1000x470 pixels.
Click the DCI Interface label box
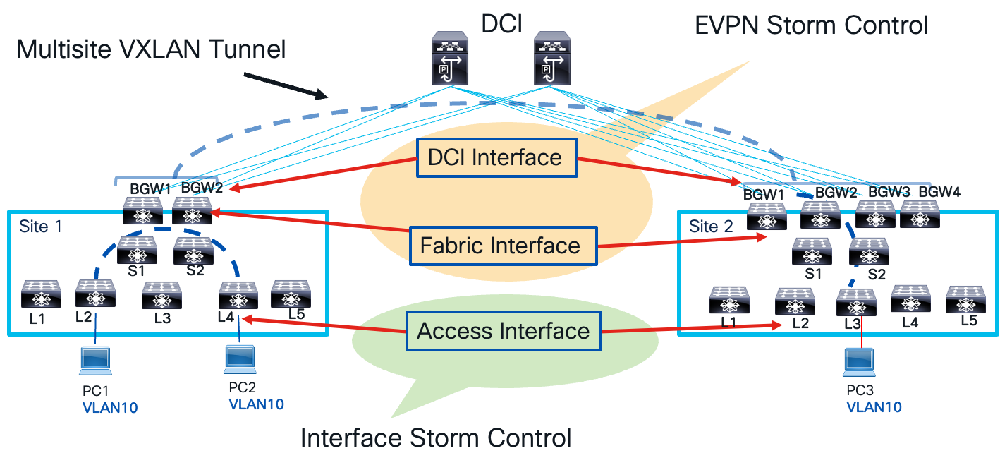click(x=496, y=157)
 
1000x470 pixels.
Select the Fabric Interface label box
click(x=500, y=246)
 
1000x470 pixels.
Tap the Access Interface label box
click(x=504, y=331)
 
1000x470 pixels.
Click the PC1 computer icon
click(x=94, y=360)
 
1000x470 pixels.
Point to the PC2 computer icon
click(x=239, y=359)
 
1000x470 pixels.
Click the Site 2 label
click(x=712, y=227)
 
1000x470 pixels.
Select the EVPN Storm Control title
click(x=811, y=25)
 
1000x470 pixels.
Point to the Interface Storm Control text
click(x=435, y=438)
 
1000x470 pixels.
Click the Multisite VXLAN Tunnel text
click(x=151, y=49)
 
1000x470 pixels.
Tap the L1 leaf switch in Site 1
click(x=41, y=295)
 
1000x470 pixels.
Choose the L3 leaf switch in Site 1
click(x=162, y=296)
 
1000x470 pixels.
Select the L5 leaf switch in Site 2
click(x=965, y=299)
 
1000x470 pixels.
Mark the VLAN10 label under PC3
click(x=874, y=407)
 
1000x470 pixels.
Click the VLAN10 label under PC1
click(x=110, y=407)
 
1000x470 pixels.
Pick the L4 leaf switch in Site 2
click(x=910, y=299)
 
